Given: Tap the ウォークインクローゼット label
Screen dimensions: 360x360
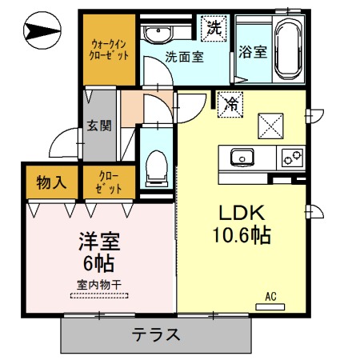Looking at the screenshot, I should [x=108, y=50].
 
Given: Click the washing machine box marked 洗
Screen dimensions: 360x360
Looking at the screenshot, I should [x=214, y=26].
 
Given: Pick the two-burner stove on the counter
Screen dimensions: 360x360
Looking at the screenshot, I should [x=289, y=157].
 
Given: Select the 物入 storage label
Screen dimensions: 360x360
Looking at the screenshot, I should [x=52, y=183].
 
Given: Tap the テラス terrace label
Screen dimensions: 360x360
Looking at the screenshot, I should [x=155, y=334].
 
